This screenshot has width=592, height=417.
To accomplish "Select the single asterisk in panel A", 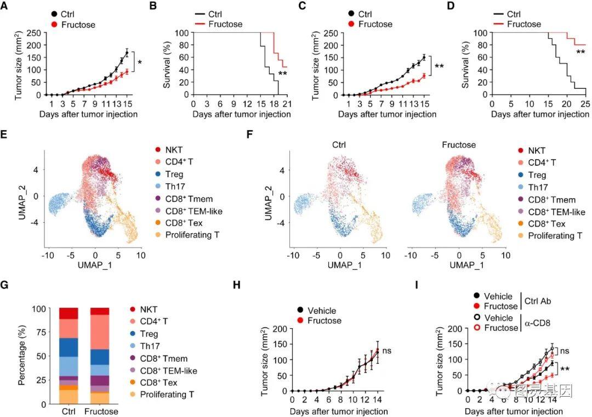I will point(140,63).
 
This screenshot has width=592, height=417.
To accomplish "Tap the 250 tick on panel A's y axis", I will point(32,32).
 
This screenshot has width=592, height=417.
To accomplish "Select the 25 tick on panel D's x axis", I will point(585,104).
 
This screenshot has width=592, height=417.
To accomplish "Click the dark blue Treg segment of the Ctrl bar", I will point(70,347).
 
